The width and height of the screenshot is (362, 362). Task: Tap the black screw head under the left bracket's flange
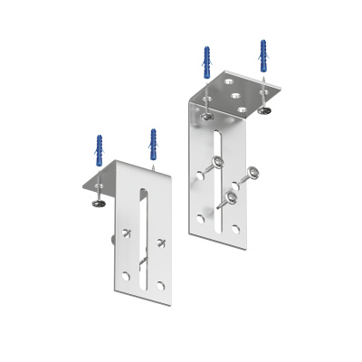[97, 205]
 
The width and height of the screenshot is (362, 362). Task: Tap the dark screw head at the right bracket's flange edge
[265, 110]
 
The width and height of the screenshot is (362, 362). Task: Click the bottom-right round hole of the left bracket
[159, 284]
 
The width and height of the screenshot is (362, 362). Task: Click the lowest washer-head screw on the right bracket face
[232, 195]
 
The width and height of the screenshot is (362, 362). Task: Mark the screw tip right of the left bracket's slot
[161, 242]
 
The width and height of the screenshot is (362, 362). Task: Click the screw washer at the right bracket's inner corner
[208, 114]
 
